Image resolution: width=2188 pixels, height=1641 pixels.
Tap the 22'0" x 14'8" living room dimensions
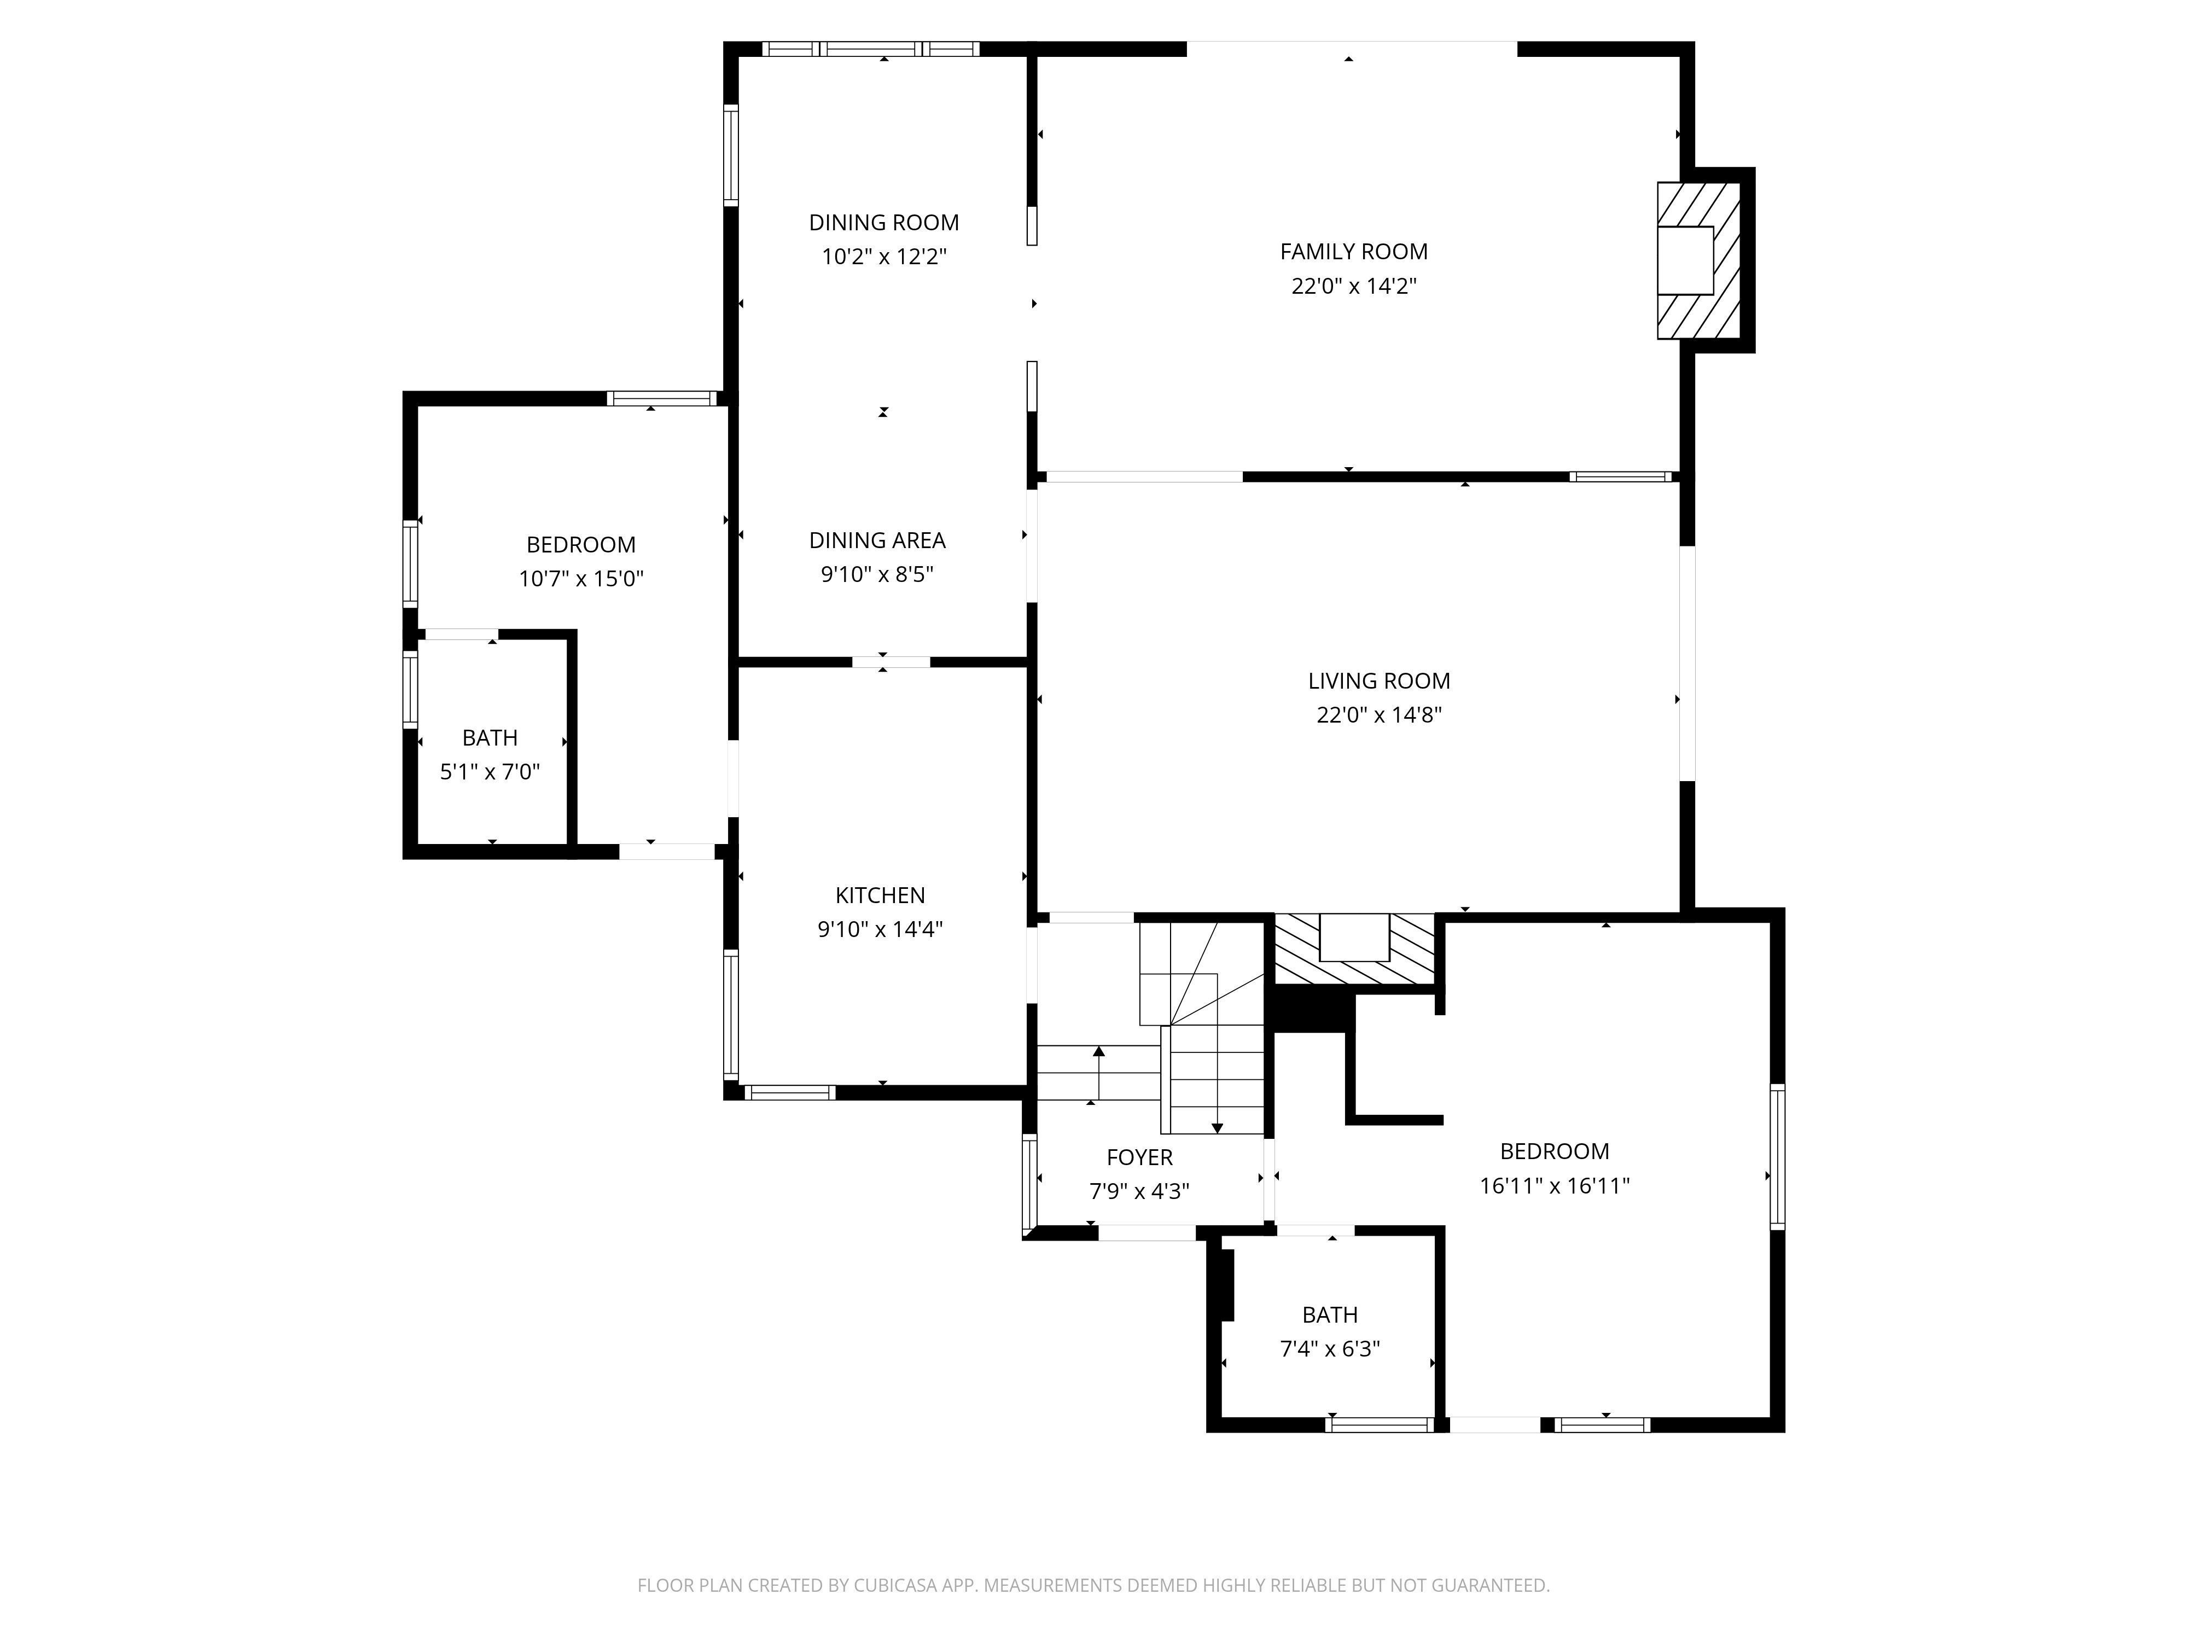pos(1379,715)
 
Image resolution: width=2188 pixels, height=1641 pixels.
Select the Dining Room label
pos(883,223)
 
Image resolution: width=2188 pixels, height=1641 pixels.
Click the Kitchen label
pos(880,895)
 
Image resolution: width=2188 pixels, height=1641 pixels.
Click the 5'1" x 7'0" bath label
pos(490,771)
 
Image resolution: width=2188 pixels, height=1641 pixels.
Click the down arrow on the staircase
pos(1217,1127)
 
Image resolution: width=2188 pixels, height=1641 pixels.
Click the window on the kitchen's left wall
pos(731,1013)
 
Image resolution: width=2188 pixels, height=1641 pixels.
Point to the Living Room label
pos(1379,680)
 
